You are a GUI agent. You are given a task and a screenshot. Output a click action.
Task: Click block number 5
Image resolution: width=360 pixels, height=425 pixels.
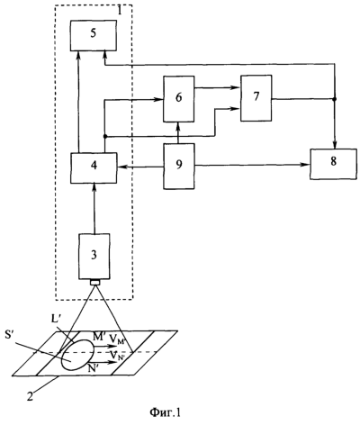[94, 35]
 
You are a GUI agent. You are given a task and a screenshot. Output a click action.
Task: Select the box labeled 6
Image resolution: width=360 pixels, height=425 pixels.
[178, 99]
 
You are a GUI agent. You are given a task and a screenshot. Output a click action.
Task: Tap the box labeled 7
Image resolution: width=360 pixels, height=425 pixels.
[256, 98]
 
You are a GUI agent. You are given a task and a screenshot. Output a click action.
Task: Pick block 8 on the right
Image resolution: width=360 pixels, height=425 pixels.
[333, 164]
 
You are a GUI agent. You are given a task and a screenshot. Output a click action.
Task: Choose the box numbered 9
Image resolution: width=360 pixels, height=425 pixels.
[179, 166]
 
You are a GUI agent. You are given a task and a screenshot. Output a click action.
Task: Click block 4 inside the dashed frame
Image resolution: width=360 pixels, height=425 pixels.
[94, 167]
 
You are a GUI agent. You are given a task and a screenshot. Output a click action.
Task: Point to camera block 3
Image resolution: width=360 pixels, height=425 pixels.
[94, 256]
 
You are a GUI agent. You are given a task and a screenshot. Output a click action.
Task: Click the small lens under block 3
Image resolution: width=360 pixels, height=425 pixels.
[95, 283]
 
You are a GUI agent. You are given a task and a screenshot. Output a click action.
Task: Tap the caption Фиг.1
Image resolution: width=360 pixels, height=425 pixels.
[165, 412]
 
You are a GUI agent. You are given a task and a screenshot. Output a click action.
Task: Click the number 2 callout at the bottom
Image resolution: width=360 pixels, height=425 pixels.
[31, 393]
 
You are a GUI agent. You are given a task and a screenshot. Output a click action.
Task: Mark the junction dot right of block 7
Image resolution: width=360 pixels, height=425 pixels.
[335, 99]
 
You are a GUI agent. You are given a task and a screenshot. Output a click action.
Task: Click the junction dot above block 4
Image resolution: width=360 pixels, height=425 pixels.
[104, 137]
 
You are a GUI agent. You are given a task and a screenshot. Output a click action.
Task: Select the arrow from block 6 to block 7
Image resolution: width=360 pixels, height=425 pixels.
[217, 87]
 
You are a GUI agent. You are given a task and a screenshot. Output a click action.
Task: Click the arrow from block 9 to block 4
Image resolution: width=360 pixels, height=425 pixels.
[140, 167]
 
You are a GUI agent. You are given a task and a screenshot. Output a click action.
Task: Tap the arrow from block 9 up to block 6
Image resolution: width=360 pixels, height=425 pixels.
[178, 132]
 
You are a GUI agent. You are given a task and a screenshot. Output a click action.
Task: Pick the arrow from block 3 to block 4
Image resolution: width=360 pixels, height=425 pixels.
[94, 208]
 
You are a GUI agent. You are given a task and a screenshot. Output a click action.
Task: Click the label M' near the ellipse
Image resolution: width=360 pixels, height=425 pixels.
[98, 337]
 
